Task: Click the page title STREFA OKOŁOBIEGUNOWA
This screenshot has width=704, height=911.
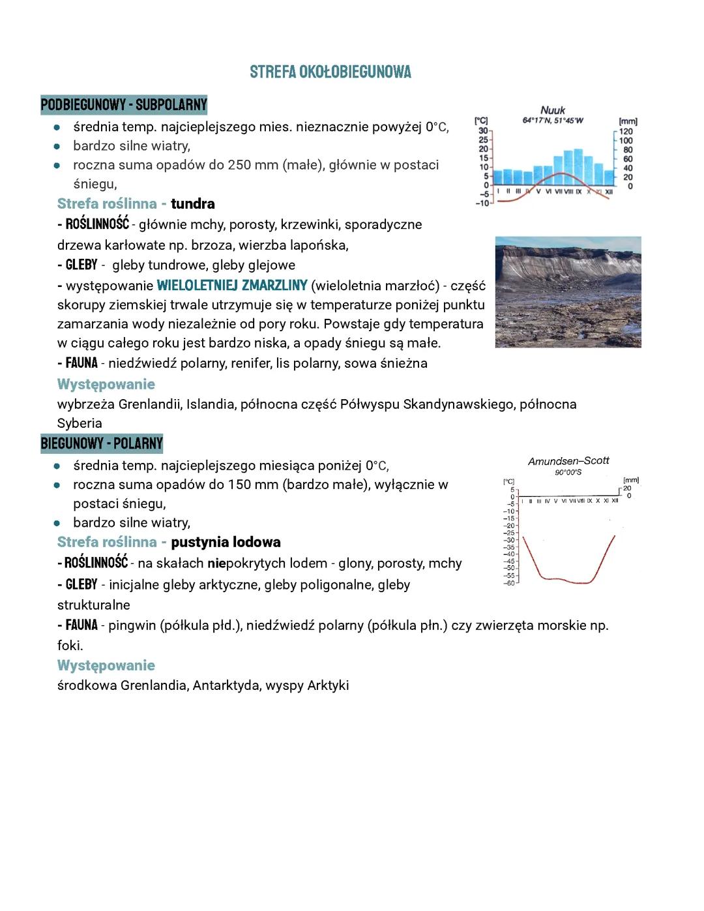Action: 330,72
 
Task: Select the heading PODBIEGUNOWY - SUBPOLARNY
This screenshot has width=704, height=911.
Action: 124,105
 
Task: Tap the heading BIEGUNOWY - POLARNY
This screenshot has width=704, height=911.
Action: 102,444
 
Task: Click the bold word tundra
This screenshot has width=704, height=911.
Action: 193,204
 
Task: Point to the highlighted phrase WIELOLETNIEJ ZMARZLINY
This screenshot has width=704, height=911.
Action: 232,286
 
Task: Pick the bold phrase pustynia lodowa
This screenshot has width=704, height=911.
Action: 226,543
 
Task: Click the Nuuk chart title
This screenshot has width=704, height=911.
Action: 553,110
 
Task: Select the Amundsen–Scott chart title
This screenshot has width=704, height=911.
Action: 568,461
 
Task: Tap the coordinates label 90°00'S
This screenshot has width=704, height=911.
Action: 568,472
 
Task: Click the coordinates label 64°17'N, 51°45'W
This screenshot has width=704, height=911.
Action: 553,121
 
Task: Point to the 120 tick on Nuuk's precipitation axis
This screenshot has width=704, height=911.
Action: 626,132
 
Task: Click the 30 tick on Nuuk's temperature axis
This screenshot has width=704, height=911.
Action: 483,131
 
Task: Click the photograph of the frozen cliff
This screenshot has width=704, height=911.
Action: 568,292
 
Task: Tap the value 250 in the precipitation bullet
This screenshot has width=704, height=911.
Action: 239,165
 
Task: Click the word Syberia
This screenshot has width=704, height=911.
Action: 80,423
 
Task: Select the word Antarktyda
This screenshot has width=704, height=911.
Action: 226,686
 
